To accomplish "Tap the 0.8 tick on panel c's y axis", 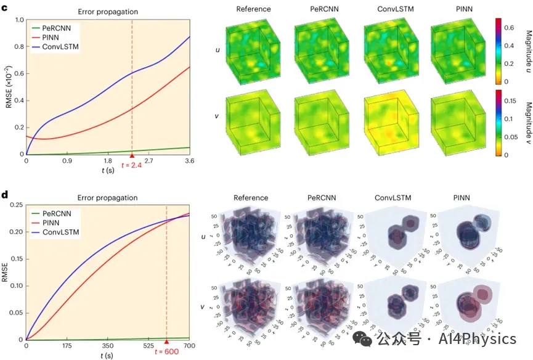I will click(x=18, y=47).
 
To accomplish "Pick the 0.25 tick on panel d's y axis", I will click(x=15, y=205).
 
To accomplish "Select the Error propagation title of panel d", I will click(x=108, y=198).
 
